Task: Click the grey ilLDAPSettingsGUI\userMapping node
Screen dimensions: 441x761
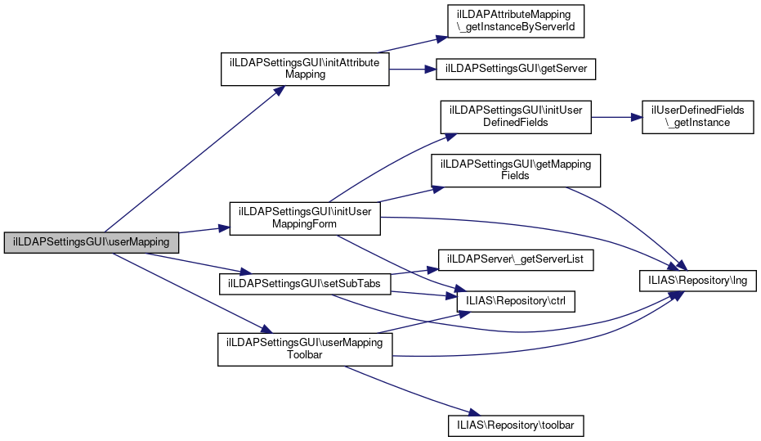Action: click(92, 242)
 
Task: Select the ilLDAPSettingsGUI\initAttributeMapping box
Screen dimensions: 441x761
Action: click(305, 69)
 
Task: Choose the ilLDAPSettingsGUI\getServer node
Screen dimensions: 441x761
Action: click(517, 69)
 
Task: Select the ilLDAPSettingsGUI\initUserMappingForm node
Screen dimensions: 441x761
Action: click(305, 218)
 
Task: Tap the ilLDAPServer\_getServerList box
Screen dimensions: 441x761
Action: click(517, 260)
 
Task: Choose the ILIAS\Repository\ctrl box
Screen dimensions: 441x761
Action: click(517, 300)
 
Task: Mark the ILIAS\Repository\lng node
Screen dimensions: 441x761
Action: click(697, 281)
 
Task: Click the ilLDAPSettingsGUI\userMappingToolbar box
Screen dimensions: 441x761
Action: click(305, 349)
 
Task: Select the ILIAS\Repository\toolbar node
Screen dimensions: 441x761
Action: click(517, 425)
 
